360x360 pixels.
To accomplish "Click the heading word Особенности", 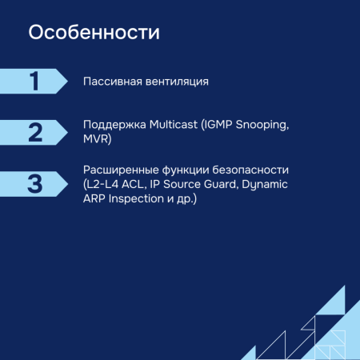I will (94, 34).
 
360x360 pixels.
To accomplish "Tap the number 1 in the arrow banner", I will (34, 82).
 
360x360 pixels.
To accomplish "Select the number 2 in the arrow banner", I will (34, 133).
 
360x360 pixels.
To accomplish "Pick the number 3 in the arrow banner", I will (34, 183).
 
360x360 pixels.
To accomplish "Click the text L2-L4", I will (103, 184).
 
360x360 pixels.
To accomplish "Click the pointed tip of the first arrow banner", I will (67, 82).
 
